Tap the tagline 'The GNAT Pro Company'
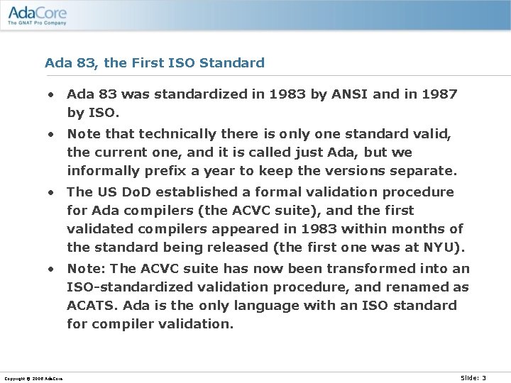pyautogui.click(x=37, y=23)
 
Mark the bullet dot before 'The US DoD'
pyautogui.click(x=52, y=192)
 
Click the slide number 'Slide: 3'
pyautogui.click(x=473, y=378)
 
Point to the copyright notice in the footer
pyautogui.click(x=32, y=379)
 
